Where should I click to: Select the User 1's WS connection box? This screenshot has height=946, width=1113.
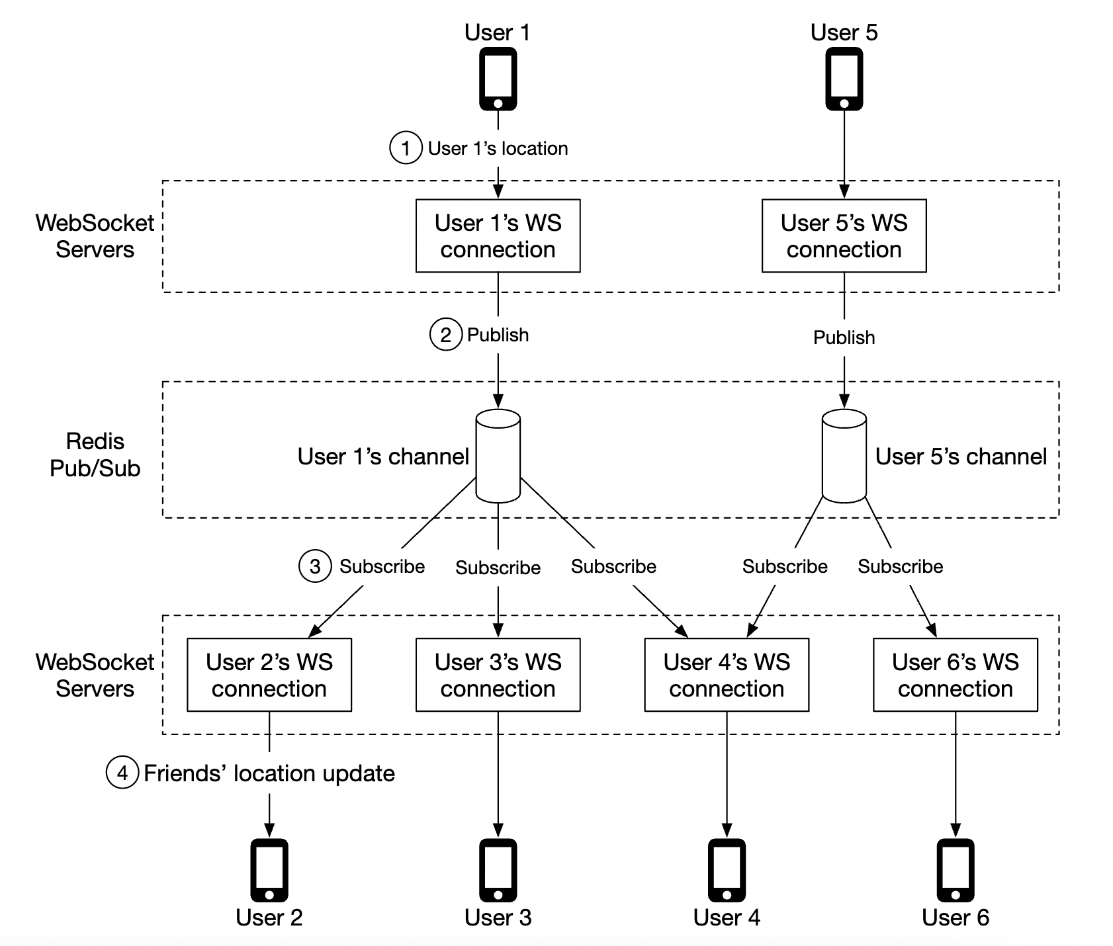[498, 236]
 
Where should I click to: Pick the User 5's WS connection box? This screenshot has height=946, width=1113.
[844, 236]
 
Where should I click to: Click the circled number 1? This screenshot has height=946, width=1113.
[406, 148]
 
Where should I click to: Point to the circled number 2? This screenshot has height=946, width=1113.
[446, 335]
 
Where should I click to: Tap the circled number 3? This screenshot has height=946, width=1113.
[315, 566]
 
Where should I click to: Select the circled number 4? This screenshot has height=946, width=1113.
[122, 773]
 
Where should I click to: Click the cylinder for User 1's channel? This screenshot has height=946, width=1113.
[498, 456]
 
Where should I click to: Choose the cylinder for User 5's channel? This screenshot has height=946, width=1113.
[844, 456]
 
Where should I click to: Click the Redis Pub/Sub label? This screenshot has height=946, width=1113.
[95, 455]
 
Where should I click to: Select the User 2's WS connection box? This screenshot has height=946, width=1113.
[269, 675]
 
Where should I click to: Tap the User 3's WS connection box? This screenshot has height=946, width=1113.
[498, 675]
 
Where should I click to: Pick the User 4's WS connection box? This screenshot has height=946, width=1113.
[727, 675]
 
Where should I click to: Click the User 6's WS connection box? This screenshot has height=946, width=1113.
[955, 675]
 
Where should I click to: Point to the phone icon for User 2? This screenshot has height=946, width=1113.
[269, 870]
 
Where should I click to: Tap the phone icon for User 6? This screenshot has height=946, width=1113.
[955, 870]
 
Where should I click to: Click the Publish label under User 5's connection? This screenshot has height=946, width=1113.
[844, 337]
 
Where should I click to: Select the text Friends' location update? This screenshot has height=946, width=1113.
[269, 773]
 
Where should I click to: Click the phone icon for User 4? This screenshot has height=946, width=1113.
[727, 870]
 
